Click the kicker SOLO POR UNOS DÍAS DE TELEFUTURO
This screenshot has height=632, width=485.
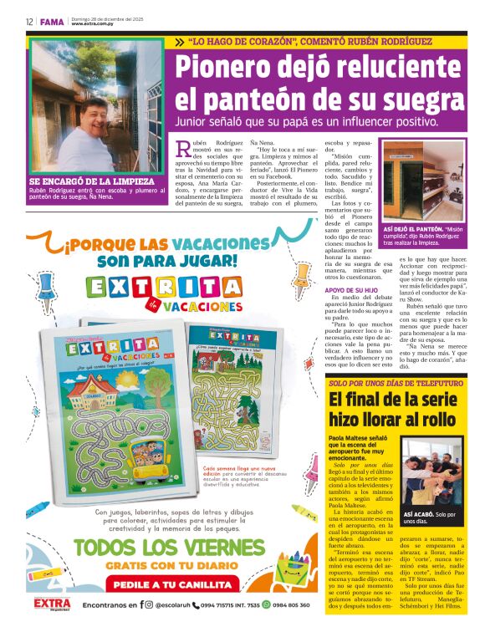(x=384, y=383)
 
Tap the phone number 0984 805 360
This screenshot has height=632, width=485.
(x=296, y=604)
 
